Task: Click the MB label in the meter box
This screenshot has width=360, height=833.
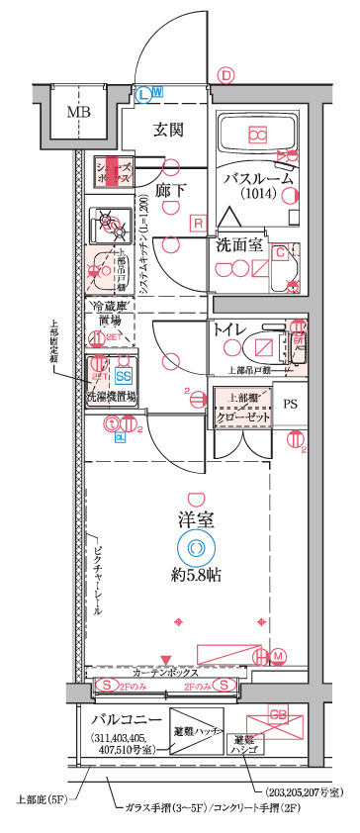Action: pyautogui.click(x=77, y=111)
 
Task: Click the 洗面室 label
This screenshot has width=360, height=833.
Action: pyautogui.click(x=240, y=244)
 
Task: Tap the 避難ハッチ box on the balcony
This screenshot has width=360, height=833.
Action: pyautogui.click(x=196, y=729)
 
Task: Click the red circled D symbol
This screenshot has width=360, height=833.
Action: pyautogui.click(x=226, y=75)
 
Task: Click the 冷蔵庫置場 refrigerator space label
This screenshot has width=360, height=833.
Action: pyautogui.click(x=110, y=314)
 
